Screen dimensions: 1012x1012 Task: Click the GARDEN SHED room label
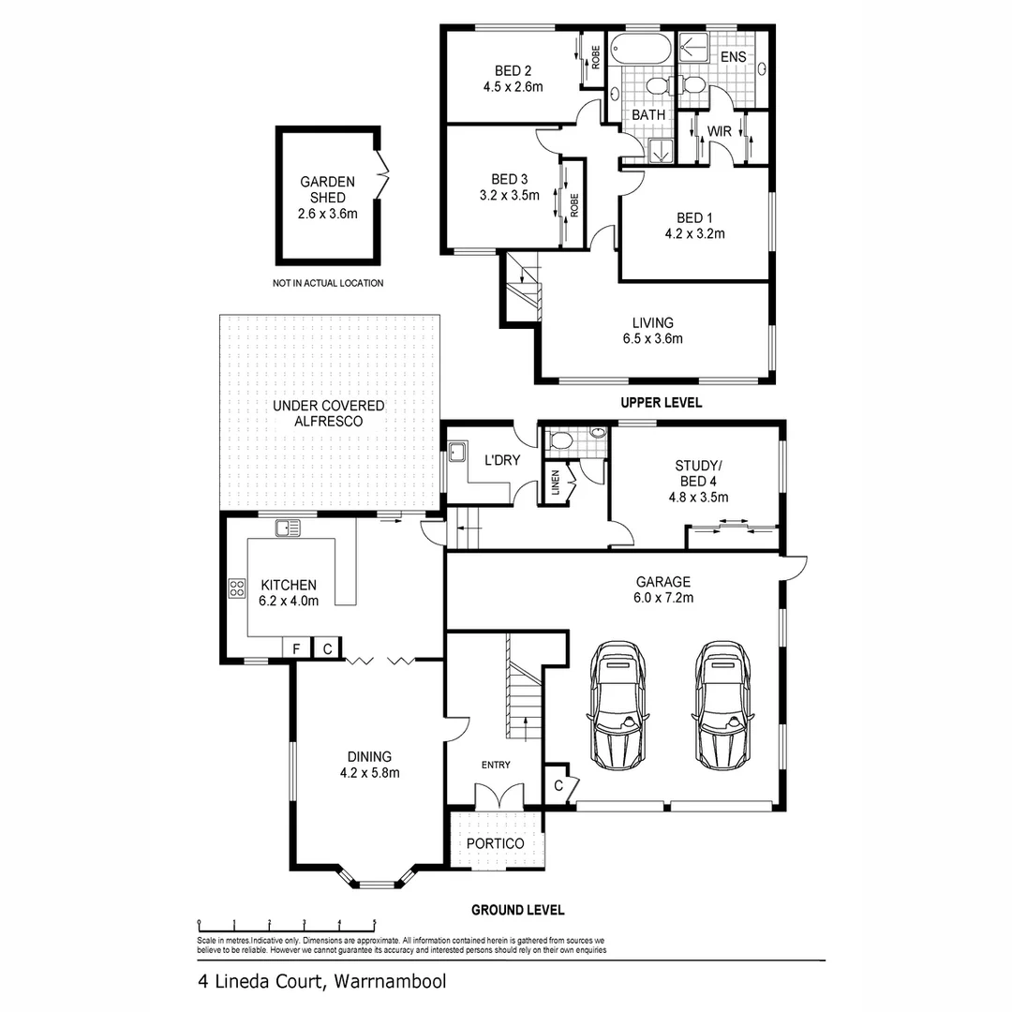328,190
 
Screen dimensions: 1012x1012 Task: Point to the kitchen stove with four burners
236,589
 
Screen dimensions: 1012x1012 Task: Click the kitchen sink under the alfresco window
287,529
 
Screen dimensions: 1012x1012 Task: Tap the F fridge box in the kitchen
296,648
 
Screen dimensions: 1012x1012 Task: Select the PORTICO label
497,843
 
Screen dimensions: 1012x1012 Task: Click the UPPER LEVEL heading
660,402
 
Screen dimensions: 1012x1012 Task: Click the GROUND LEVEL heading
517,909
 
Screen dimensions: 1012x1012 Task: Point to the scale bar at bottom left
286,924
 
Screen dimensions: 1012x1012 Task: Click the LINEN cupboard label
555,484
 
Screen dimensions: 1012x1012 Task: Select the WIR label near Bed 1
719,132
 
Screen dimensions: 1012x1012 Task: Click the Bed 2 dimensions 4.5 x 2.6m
513,86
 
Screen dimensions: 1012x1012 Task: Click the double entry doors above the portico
497,797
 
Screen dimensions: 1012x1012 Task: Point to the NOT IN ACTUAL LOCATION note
328,283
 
